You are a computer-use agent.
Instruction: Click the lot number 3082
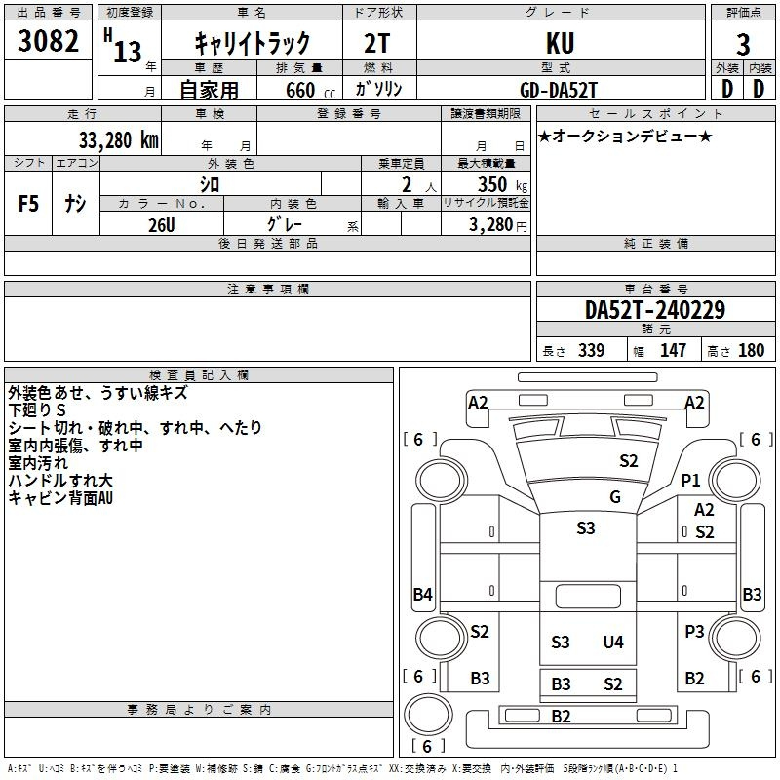(48, 41)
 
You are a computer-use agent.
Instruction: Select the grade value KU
(560, 43)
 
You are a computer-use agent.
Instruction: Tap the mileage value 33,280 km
(118, 140)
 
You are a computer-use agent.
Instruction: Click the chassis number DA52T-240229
(655, 310)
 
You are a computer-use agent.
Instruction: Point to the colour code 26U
(162, 225)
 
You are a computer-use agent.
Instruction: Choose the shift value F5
(28, 204)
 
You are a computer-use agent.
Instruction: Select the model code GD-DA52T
(558, 90)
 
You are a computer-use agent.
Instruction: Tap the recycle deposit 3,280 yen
(498, 225)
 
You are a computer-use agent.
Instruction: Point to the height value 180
(751, 351)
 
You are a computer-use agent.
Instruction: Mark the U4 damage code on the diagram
(613, 643)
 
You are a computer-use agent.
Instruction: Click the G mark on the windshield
(615, 497)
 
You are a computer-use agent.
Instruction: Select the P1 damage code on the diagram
(690, 481)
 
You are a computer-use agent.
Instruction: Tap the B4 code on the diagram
(423, 594)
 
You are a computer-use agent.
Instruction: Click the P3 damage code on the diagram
(694, 632)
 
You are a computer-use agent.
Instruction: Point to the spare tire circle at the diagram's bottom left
(428, 715)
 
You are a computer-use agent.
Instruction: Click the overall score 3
(743, 45)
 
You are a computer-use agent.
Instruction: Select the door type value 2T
(377, 43)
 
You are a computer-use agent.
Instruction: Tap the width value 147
(674, 351)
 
